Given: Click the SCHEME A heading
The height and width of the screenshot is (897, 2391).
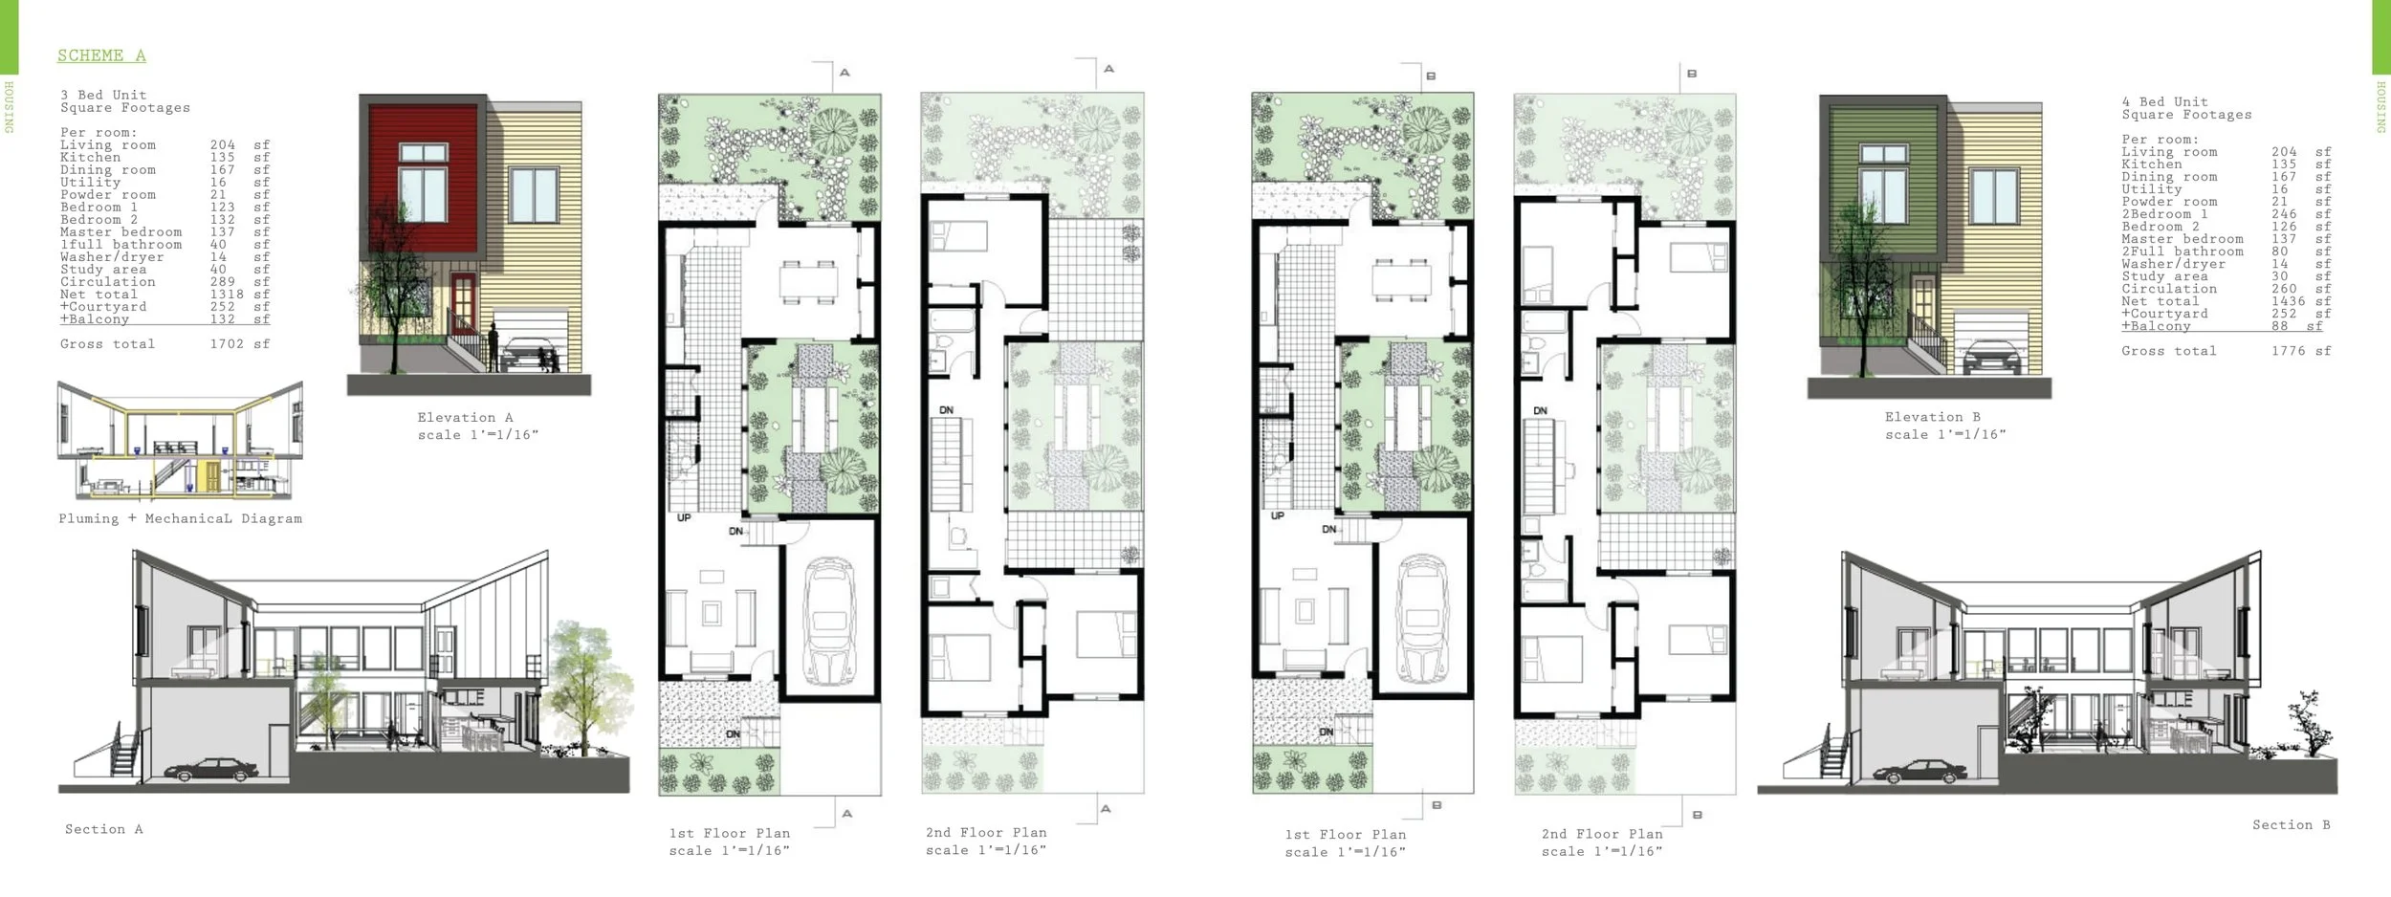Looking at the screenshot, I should (101, 55).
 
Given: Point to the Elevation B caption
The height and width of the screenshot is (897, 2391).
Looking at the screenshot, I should (1933, 417).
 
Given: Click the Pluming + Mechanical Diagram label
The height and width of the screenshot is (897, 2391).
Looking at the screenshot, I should (180, 518).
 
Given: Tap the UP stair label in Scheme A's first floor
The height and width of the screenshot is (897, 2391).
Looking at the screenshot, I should (684, 518).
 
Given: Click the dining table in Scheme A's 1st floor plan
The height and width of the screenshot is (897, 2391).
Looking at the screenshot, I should (809, 281).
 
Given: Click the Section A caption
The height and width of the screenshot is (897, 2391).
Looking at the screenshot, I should (103, 829).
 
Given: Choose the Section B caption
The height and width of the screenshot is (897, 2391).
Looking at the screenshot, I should (2291, 824).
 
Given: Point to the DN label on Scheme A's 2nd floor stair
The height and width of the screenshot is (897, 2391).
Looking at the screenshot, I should (946, 410).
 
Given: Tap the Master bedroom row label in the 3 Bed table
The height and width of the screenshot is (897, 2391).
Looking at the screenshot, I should (121, 232).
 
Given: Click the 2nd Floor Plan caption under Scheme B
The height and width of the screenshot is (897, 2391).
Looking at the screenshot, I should (1602, 834).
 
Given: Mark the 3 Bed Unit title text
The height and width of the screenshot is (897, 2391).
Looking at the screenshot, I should (103, 95).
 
